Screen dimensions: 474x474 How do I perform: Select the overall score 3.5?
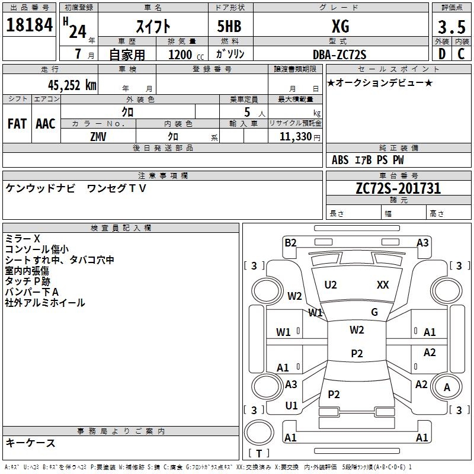click(x=451, y=27)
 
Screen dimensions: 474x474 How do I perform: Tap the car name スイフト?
click(x=153, y=27)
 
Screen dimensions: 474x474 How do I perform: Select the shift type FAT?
click(x=17, y=124)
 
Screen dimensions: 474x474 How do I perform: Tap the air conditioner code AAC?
click(x=45, y=124)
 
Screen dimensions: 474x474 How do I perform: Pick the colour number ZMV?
click(x=98, y=136)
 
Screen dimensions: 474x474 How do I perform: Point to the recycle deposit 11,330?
click(x=294, y=136)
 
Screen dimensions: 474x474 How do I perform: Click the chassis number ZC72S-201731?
click(x=398, y=188)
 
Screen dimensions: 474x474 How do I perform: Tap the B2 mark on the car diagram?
click(x=290, y=242)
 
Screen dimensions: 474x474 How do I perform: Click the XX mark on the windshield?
click(x=383, y=285)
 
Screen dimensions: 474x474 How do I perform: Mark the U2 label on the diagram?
click(x=331, y=285)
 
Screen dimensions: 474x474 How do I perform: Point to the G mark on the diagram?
click(x=374, y=312)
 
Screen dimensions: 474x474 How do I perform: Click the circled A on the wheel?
click(x=447, y=387)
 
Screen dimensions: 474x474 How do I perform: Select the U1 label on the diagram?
click(x=292, y=406)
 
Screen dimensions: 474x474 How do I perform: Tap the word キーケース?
click(x=31, y=443)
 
